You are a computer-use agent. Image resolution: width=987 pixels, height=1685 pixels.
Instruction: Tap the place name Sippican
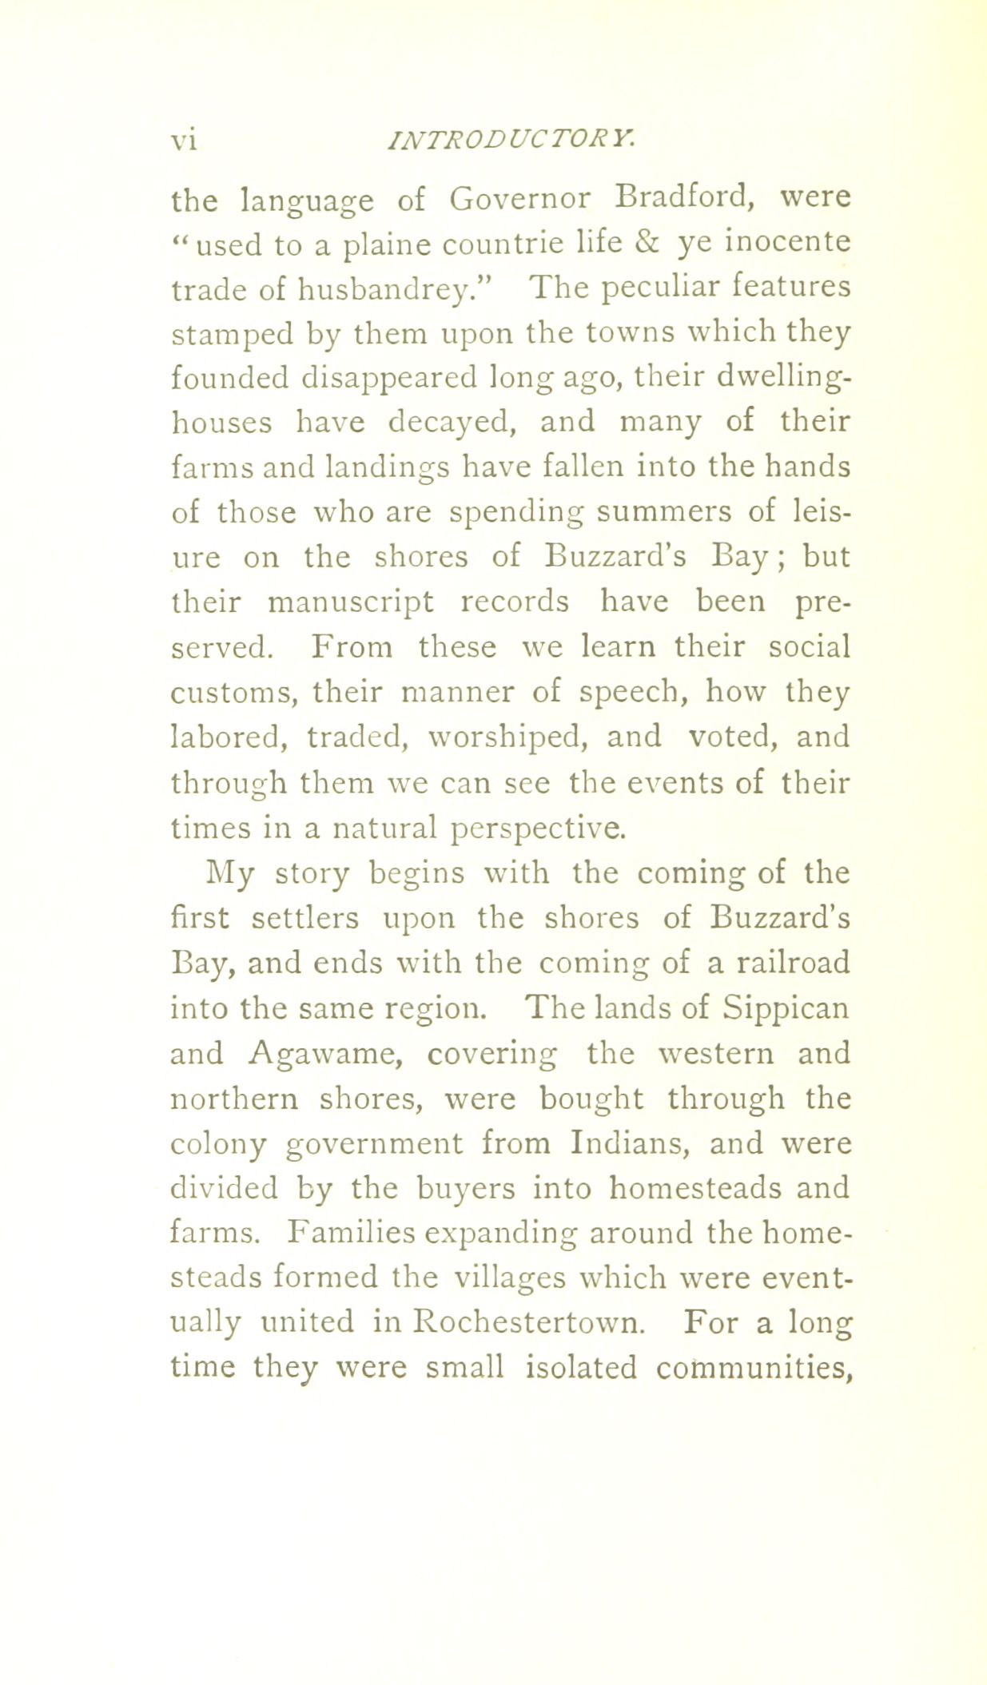786,1008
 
